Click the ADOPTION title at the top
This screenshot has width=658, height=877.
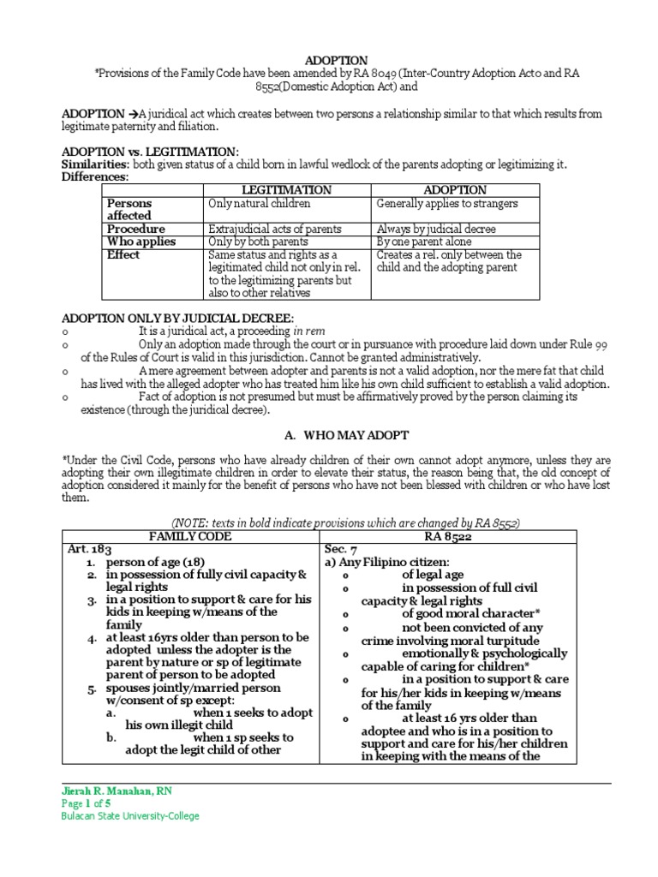329,60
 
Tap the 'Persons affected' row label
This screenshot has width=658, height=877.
129,210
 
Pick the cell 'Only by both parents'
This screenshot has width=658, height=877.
255,242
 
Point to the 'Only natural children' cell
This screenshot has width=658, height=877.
259,204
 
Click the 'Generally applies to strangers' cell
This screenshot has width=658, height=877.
446,204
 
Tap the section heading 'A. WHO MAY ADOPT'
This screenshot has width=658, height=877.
329,435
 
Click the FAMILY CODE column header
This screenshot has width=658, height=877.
190,537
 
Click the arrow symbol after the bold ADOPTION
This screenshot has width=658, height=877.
135,113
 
